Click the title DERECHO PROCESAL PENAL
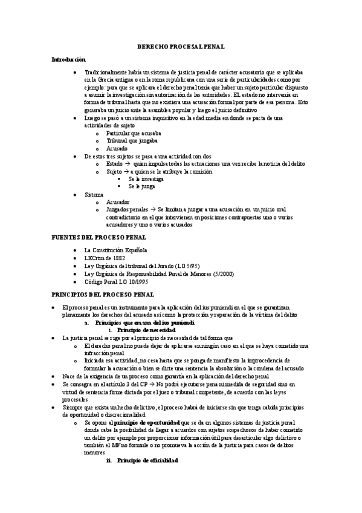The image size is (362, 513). click(x=181, y=45)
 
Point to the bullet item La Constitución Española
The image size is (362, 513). click(x=115, y=250)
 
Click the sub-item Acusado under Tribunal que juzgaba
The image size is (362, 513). click(x=117, y=148)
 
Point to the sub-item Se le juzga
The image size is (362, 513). click(x=141, y=187)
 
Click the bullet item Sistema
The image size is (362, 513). click(x=94, y=195)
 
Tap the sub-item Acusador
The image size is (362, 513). click(x=118, y=203)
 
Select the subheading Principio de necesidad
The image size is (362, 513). click(x=146, y=330)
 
